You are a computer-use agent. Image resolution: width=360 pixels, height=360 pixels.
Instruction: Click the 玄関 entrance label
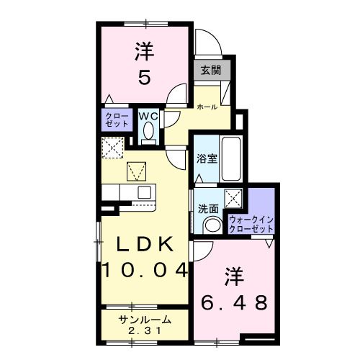click(x=211, y=71)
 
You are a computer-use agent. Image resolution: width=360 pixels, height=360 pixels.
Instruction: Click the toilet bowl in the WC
click(x=149, y=132)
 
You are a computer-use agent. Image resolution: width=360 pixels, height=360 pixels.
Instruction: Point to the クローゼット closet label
click(x=117, y=120)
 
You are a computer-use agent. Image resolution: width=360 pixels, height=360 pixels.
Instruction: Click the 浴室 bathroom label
click(x=207, y=159)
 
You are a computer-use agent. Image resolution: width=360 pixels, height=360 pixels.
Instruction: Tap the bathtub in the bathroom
click(x=231, y=158)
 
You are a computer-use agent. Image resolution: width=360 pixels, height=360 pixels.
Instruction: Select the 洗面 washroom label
click(x=208, y=208)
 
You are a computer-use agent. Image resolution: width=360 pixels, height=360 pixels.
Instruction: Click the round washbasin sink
click(x=212, y=225)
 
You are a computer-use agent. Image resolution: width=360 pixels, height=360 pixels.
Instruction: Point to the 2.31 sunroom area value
click(x=145, y=331)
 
